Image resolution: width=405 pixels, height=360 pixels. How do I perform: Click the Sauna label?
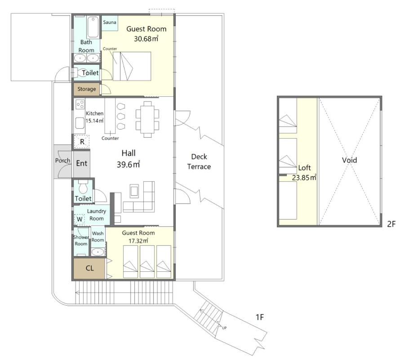click(110, 22)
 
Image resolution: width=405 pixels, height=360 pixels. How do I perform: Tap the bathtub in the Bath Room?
click(93, 27)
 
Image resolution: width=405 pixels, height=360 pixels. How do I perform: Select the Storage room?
click(86, 89)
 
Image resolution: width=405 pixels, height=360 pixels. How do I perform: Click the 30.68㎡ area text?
click(146, 39)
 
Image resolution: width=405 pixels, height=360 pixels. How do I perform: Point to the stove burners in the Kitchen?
click(80, 104)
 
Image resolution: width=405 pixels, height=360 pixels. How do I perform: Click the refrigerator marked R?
click(82, 141)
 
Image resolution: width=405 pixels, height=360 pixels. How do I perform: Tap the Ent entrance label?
click(82, 163)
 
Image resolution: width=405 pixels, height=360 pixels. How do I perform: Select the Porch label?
click(62, 161)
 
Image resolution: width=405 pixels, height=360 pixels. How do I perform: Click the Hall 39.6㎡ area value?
click(128, 165)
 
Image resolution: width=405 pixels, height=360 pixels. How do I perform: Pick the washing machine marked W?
click(79, 219)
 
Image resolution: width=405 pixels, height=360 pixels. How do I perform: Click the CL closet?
click(89, 268)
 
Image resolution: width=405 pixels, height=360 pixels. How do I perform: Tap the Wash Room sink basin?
click(98, 252)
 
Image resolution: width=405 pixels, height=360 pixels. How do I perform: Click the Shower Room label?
click(81, 240)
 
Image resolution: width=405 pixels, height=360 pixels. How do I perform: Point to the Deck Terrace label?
click(199, 162)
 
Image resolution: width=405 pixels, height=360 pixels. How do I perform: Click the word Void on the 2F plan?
click(349, 160)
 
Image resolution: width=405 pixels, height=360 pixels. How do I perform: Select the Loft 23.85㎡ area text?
click(304, 178)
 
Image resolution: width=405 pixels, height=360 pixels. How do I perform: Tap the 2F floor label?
click(392, 224)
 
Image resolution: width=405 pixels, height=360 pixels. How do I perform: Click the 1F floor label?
click(259, 317)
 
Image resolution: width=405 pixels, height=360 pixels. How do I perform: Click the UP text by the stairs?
click(224, 328)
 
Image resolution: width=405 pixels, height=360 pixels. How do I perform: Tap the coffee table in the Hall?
click(134, 191)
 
